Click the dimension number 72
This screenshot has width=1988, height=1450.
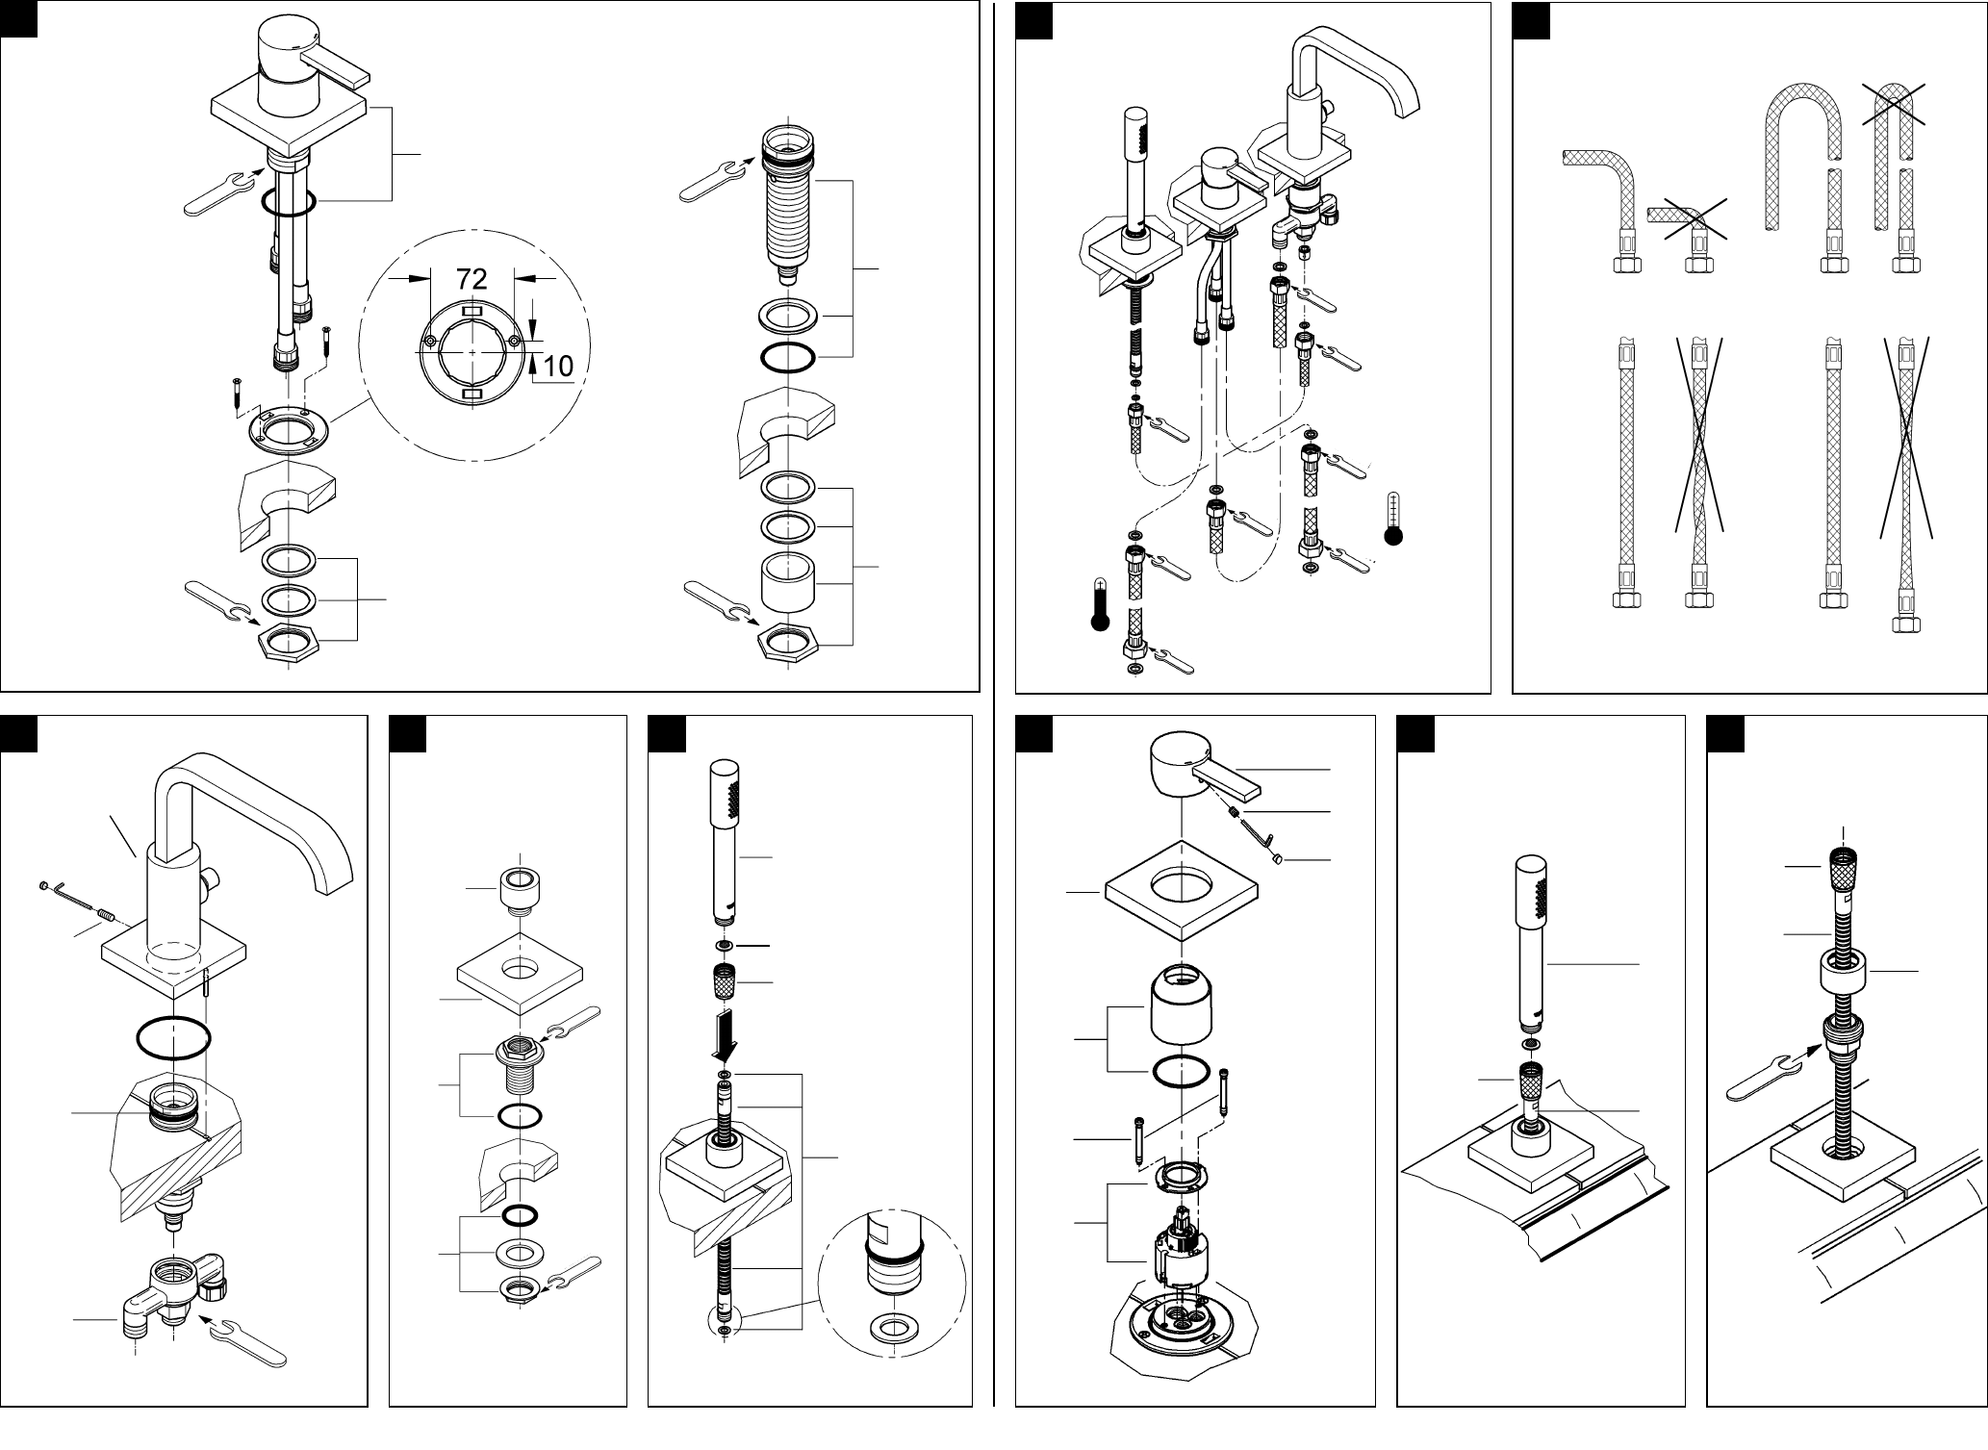472,279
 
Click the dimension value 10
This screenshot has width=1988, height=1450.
558,366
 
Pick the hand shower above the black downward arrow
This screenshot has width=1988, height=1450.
726,842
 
